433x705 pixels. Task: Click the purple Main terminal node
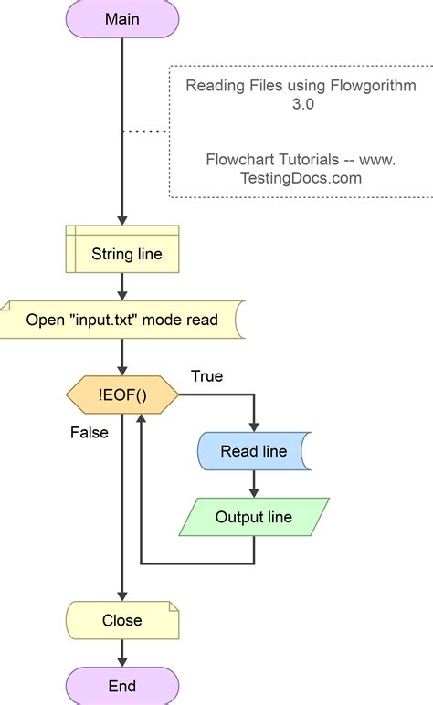tap(121, 19)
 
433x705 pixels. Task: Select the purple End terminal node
tap(121, 686)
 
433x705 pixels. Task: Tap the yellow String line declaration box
tap(121, 253)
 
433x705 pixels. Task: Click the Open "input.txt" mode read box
tap(121, 319)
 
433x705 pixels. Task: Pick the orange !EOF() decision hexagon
tap(121, 396)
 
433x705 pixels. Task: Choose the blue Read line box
tap(253, 451)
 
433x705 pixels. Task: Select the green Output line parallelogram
tap(253, 517)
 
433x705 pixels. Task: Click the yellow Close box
tap(121, 620)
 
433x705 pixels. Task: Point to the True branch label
tap(206, 375)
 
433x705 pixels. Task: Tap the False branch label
tap(89, 432)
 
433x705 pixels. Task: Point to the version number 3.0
tap(301, 104)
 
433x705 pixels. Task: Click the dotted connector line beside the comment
tap(145, 132)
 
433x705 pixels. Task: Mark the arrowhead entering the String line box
tap(121, 221)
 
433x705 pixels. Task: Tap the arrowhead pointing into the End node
tap(121, 661)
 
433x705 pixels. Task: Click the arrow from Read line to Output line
tap(253, 484)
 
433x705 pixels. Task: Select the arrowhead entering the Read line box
tap(253, 426)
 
